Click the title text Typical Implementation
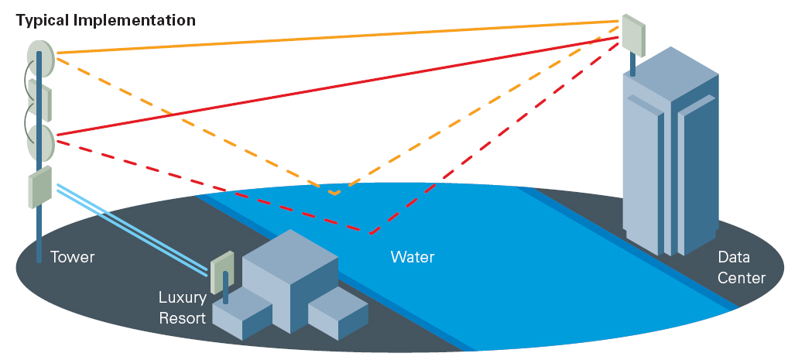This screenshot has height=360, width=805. tap(106, 20)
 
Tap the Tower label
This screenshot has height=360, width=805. tap(73, 257)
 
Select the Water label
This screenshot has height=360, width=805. tap(413, 257)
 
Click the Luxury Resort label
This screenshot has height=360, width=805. tap(183, 307)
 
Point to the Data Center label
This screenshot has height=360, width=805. tap(742, 267)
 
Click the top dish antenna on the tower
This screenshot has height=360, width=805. tap(39, 58)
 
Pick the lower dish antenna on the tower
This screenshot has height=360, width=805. tap(40, 142)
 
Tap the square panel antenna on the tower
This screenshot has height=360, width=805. tap(40, 187)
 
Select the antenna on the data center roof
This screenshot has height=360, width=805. tap(632, 34)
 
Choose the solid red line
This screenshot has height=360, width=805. tap(333, 84)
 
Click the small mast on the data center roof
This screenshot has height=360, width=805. tap(632, 65)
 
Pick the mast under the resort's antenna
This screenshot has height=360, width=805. tap(225, 288)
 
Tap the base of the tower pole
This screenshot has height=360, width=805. tap(38, 259)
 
